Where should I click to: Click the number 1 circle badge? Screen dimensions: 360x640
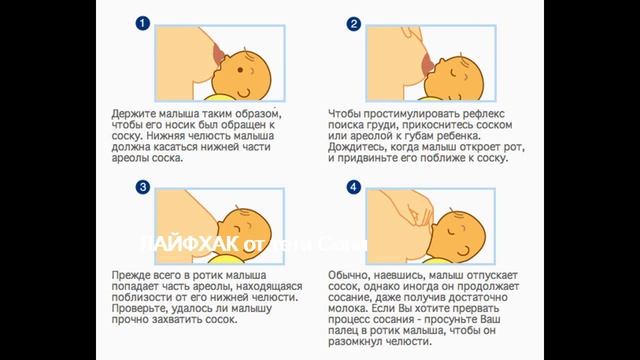click(144, 23)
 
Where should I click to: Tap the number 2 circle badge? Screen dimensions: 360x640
click(353, 23)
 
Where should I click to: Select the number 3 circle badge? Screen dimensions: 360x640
click(144, 187)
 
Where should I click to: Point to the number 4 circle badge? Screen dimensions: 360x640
click(353, 187)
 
